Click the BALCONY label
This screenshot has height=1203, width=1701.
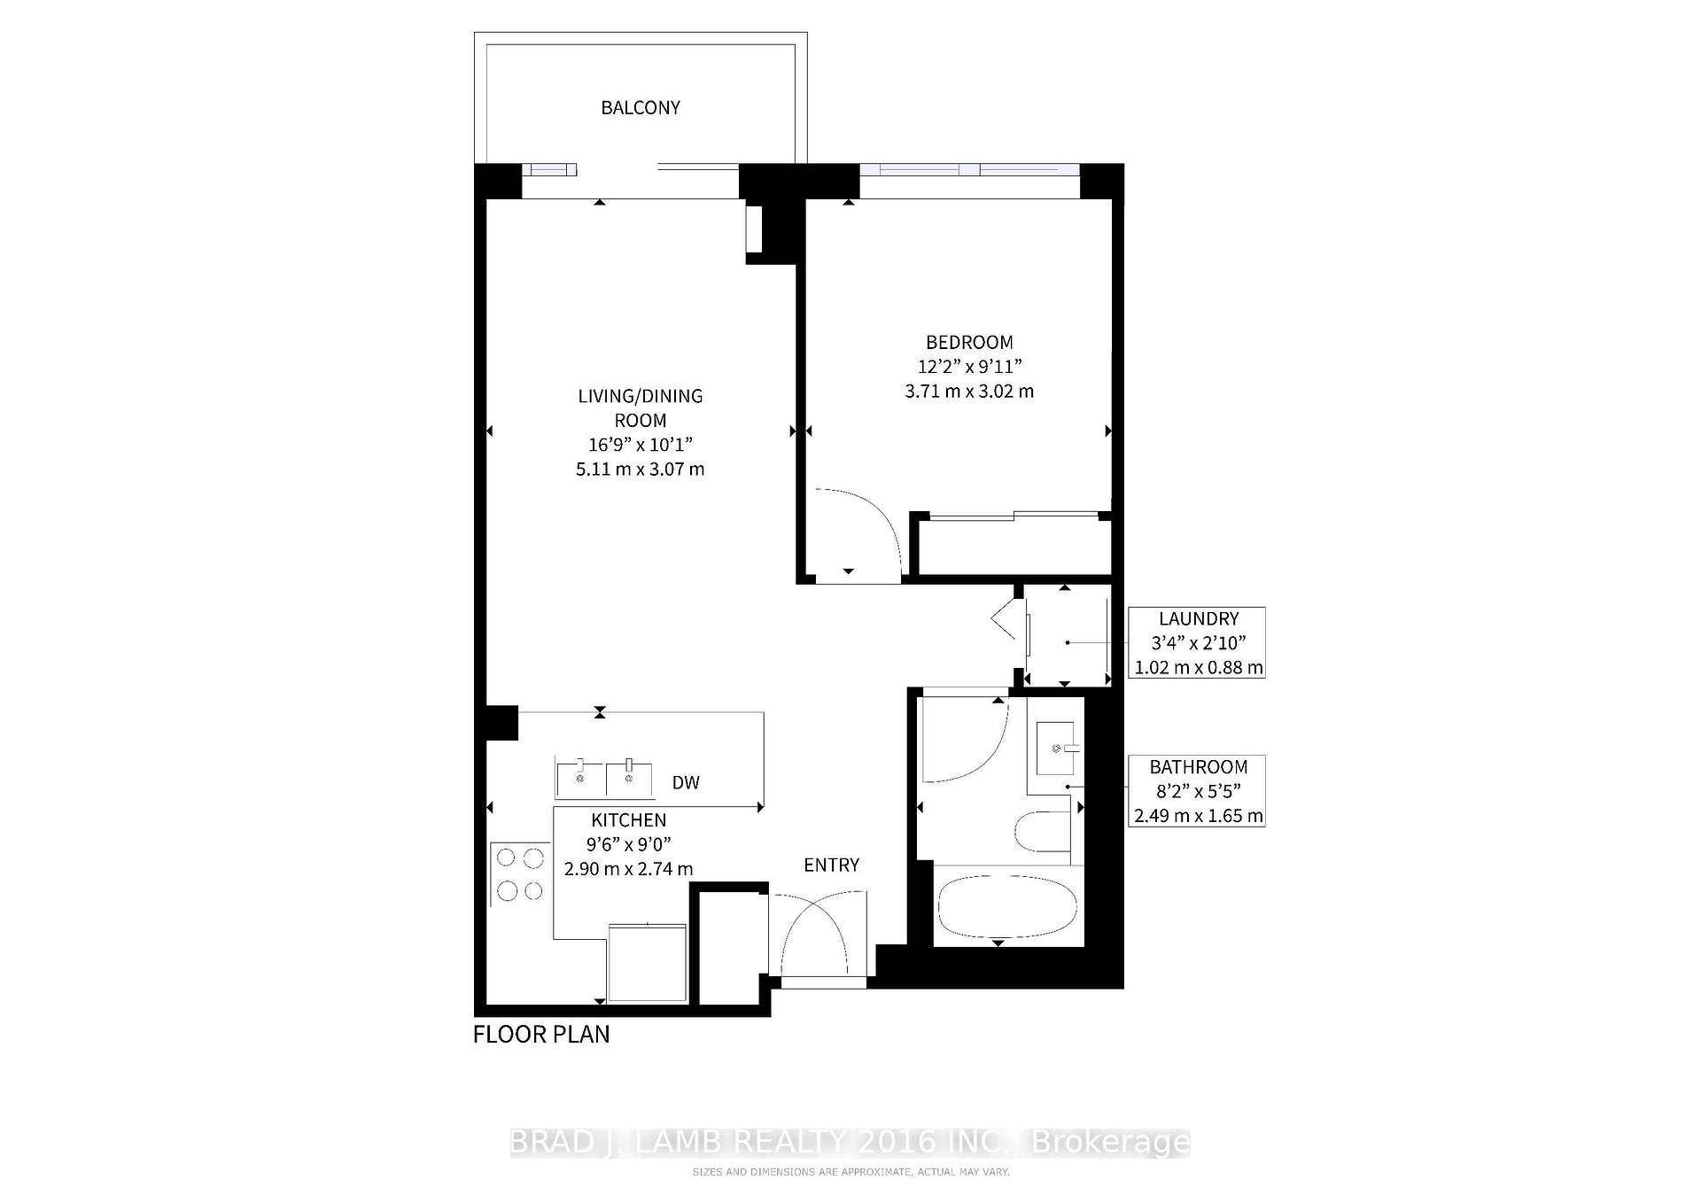640,107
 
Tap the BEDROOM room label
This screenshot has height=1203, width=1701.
969,342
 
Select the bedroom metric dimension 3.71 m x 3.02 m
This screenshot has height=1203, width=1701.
969,391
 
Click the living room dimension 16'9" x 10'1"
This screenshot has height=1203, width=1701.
640,445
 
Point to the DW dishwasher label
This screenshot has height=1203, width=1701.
686,782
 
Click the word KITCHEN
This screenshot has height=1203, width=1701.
628,820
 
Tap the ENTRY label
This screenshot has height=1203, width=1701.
831,865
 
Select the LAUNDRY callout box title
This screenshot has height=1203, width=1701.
1199,619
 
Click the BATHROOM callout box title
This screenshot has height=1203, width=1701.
1199,767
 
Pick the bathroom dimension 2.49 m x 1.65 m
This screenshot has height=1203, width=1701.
1199,816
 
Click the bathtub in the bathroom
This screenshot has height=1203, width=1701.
1006,906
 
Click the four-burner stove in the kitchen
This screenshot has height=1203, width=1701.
520,874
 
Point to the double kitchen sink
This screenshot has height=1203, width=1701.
604,778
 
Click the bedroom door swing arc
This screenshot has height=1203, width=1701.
864,532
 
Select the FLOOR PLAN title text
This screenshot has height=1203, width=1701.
541,1034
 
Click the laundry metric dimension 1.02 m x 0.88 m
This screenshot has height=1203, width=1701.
1199,668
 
